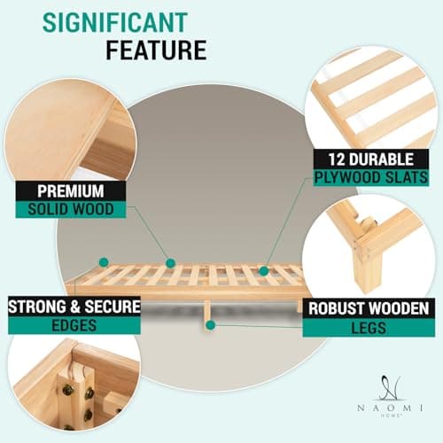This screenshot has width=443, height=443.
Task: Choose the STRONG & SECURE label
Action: [74, 307]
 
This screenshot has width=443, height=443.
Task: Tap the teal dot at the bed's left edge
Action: [104, 262]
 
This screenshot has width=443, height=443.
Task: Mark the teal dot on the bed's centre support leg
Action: [209, 325]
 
